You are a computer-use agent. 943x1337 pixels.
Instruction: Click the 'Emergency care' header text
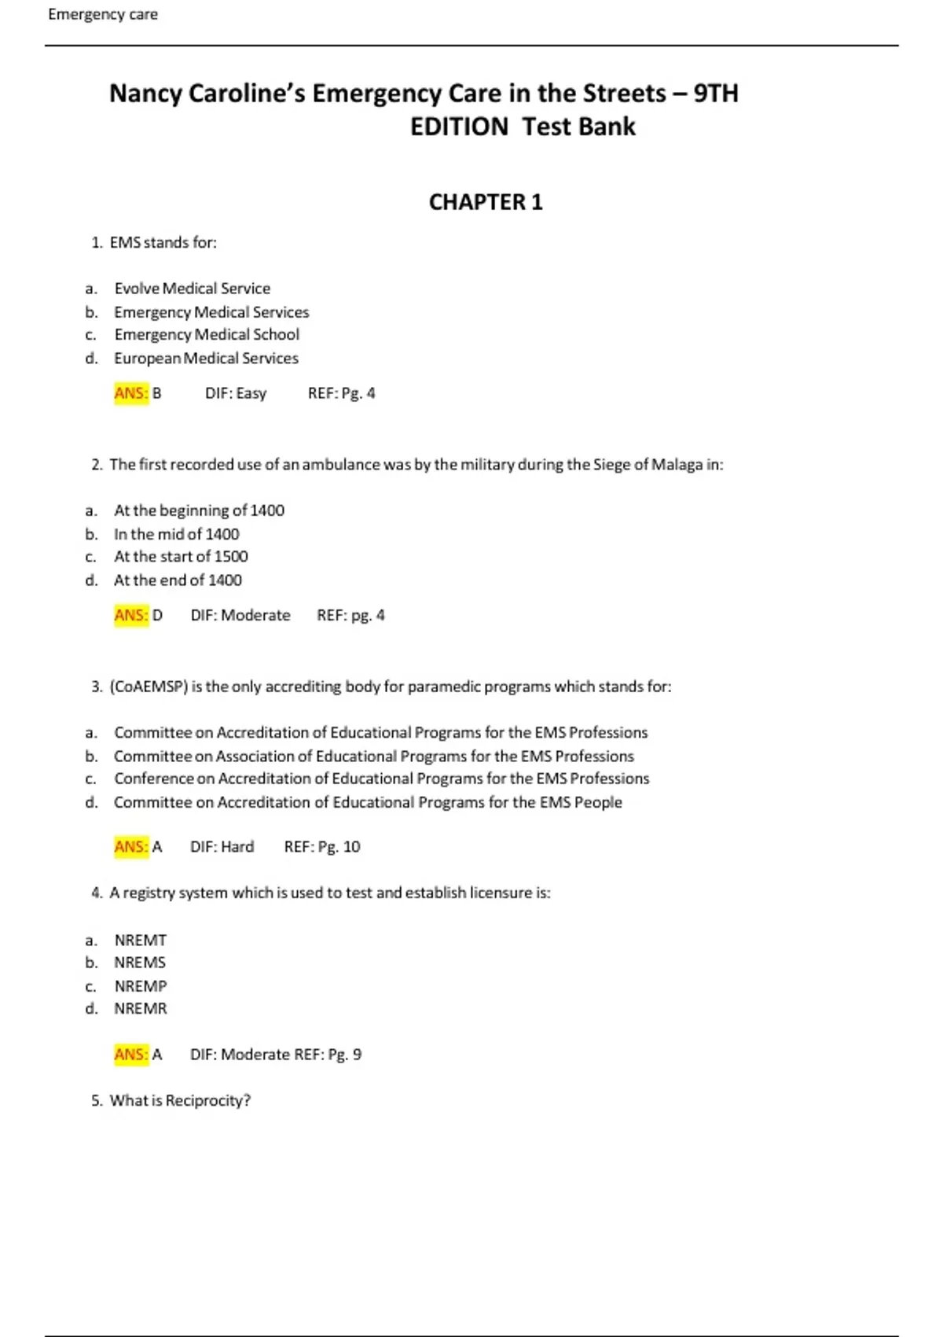click(x=103, y=14)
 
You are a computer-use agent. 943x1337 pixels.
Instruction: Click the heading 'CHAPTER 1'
click(x=486, y=202)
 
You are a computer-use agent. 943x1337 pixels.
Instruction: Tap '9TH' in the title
click(x=715, y=93)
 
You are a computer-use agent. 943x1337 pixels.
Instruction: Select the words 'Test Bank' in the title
click(x=578, y=127)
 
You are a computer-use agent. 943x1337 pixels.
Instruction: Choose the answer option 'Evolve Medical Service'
click(x=192, y=289)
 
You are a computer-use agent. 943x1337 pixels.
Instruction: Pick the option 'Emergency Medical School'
click(x=207, y=334)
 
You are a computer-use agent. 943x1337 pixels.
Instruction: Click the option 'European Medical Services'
click(x=206, y=358)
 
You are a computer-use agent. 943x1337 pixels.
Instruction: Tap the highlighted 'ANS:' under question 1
click(x=130, y=392)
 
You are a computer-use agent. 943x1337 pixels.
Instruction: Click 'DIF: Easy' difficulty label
click(x=236, y=392)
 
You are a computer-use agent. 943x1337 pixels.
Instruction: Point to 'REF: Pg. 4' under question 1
click(x=341, y=392)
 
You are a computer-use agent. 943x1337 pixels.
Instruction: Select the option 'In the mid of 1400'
click(x=176, y=534)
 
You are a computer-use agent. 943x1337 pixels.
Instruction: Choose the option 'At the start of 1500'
click(x=181, y=557)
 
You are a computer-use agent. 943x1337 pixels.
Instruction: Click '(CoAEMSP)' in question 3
click(x=149, y=687)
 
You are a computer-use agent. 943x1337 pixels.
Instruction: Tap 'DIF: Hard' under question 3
click(x=222, y=847)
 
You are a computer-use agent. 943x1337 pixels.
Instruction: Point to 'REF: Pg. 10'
click(x=322, y=847)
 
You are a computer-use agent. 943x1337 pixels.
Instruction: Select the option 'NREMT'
click(x=141, y=940)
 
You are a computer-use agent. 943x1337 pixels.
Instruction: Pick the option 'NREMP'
click(x=141, y=986)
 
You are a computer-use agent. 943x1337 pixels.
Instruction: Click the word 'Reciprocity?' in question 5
click(x=207, y=1100)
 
